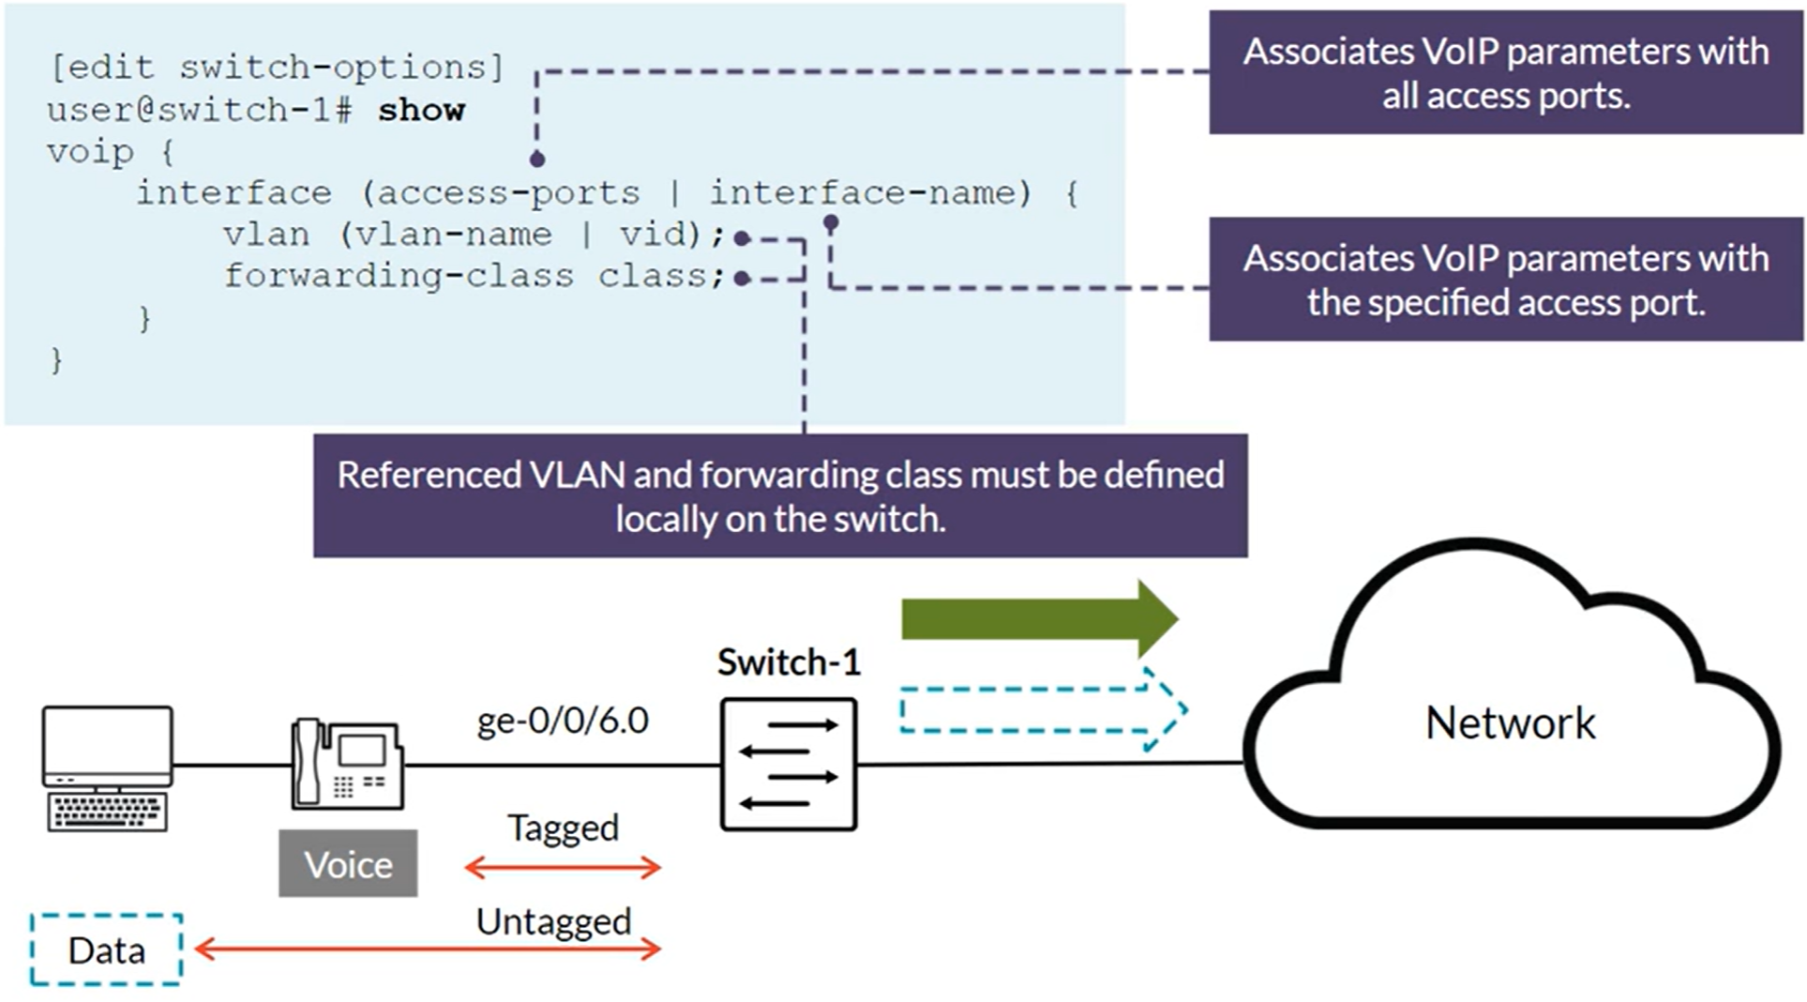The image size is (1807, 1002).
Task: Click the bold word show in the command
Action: (421, 110)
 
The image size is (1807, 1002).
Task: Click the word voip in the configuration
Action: (90, 152)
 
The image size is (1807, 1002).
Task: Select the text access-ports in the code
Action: (508, 193)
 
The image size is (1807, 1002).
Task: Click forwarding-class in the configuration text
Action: (399, 276)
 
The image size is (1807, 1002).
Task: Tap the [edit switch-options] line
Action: (278, 68)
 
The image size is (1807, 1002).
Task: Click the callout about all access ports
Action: (1505, 73)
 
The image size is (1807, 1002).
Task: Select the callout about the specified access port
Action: (1505, 280)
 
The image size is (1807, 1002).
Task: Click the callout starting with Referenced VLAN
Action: (780, 495)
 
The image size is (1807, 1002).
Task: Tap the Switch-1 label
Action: (789, 662)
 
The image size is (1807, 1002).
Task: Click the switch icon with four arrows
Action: (789, 764)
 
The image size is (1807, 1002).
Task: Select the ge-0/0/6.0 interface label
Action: (563, 721)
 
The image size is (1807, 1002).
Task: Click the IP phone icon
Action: (347, 765)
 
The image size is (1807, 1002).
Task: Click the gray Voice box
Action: (348, 864)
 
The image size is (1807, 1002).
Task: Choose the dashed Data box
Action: (106, 950)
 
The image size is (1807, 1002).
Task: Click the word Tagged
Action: (563, 828)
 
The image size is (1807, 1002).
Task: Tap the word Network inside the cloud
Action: (1510, 723)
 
